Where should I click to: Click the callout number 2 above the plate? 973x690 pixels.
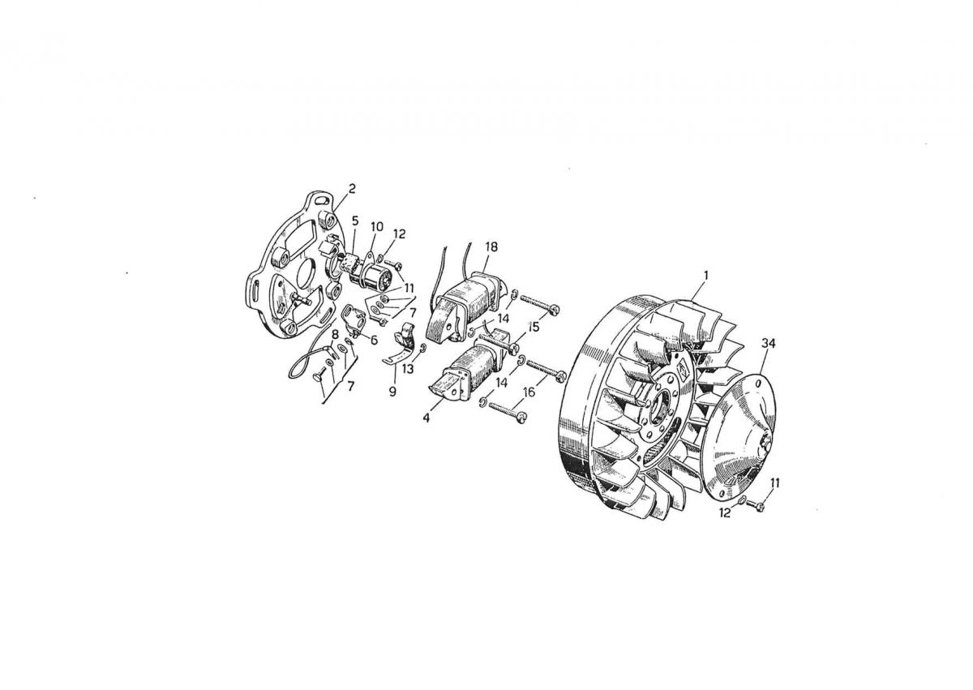coord(352,188)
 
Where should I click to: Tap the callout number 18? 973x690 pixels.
coord(491,246)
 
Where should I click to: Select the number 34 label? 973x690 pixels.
coord(768,343)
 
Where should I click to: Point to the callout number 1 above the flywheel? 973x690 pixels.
coord(706,276)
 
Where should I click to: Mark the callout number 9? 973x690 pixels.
coord(392,392)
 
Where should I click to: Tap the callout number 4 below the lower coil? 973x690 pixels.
coord(426,418)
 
